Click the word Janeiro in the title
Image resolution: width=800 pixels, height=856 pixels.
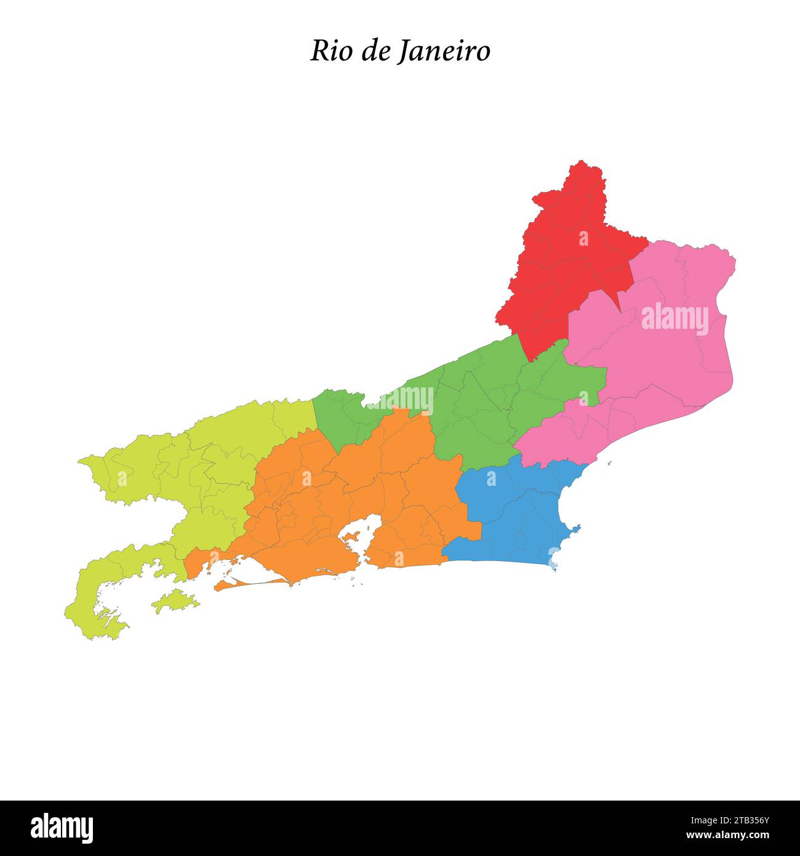point(442,52)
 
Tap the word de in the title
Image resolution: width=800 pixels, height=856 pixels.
point(374,52)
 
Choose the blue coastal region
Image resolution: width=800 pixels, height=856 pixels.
point(517,517)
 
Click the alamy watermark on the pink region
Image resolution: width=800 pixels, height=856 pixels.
point(675,318)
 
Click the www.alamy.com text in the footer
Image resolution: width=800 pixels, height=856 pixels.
point(730,836)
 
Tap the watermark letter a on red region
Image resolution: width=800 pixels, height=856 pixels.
point(583,238)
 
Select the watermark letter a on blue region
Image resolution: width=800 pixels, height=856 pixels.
point(491,478)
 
